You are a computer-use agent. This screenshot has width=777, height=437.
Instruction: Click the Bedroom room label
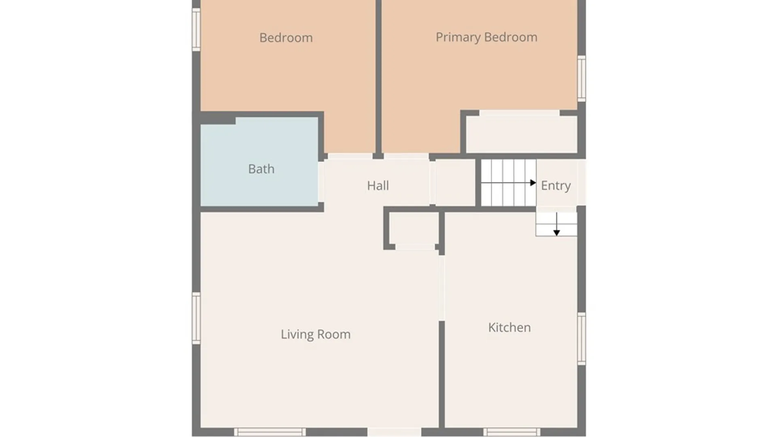(286, 38)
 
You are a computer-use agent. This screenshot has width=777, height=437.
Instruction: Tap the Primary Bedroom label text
(486, 37)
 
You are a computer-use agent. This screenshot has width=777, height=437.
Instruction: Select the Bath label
(261, 169)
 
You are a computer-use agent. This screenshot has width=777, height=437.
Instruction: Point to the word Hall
(378, 185)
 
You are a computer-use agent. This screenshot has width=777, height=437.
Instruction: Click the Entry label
(556, 185)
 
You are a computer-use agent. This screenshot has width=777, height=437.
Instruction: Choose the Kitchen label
(510, 327)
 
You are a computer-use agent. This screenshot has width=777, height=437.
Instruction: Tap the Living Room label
(316, 334)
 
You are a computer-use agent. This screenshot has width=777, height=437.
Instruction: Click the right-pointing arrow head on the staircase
(533, 183)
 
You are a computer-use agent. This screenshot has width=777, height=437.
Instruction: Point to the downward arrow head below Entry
(556, 233)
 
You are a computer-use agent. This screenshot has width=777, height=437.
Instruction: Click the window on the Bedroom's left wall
(196, 30)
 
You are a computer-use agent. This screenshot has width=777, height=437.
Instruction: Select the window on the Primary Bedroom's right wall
(582, 78)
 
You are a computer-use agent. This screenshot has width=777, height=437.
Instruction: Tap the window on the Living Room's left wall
(196, 318)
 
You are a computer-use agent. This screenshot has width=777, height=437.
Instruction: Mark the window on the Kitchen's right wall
(582, 339)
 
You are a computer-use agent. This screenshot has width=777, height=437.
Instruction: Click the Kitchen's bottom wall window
(512, 432)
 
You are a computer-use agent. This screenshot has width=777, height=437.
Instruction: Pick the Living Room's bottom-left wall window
(270, 432)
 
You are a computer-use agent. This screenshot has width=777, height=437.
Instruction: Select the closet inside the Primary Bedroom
(522, 134)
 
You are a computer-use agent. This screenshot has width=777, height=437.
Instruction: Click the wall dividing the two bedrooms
(378, 77)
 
